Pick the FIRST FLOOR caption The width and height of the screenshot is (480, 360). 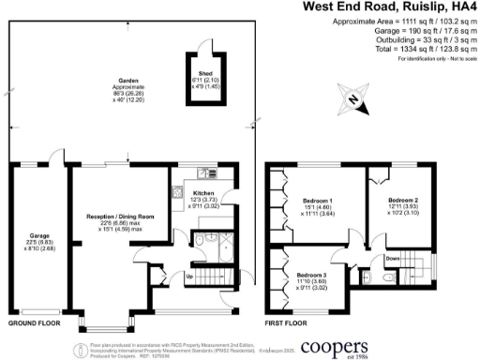(x=286, y=322)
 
